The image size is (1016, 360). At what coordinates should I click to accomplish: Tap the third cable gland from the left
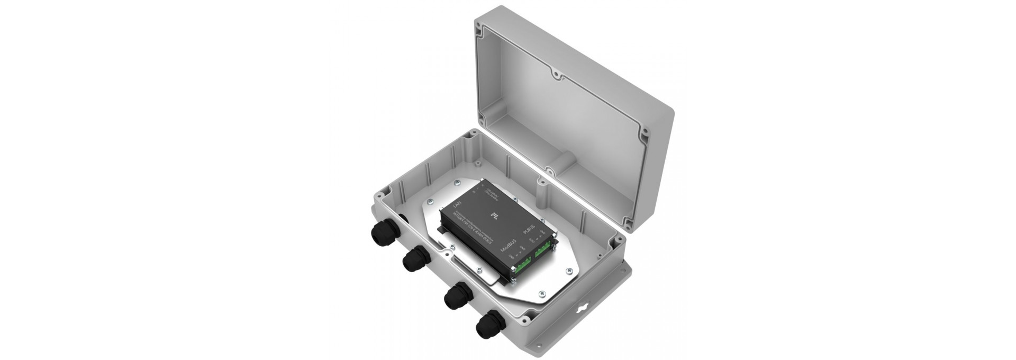click(456, 298)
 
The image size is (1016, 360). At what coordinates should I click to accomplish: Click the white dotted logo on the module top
click(495, 215)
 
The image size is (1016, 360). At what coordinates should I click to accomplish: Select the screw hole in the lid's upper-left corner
click(479, 31)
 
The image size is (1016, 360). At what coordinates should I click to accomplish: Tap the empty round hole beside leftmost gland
click(401, 218)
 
